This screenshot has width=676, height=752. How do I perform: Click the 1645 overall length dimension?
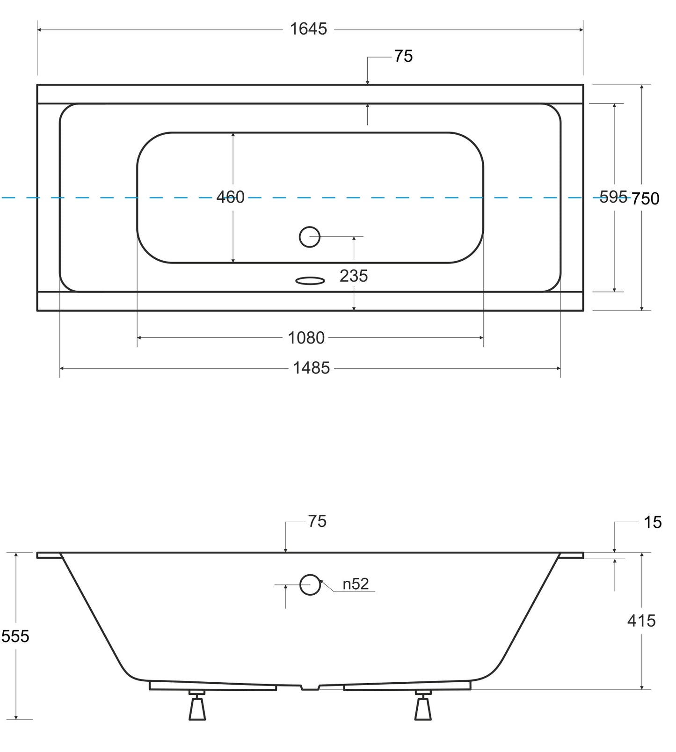click(x=308, y=29)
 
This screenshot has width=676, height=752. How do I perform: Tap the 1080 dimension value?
click(x=306, y=337)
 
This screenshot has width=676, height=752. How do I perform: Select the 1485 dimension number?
click(x=311, y=368)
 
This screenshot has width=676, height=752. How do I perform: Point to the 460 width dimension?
click(x=231, y=197)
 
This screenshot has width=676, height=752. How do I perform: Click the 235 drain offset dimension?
click(x=354, y=276)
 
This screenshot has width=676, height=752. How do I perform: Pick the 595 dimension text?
click(x=613, y=197)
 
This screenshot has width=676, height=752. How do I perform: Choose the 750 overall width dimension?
click(x=646, y=198)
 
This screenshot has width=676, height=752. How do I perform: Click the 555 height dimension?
click(x=15, y=636)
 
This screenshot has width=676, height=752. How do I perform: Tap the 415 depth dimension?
click(x=641, y=621)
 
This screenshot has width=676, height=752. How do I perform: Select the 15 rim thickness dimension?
click(x=653, y=522)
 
